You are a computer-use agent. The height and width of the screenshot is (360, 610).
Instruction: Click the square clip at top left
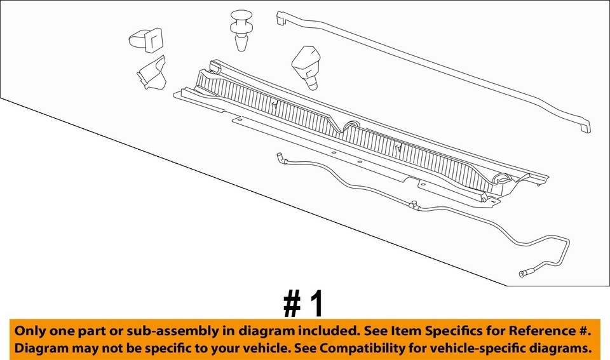[146, 39]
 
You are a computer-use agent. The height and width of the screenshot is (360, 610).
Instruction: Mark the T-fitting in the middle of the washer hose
[414, 205]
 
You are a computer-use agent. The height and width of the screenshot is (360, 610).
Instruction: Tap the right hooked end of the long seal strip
[584, 128]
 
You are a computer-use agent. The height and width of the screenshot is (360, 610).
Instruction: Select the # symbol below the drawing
[292, 305]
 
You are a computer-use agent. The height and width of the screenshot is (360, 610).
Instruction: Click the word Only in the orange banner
[30, 331]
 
